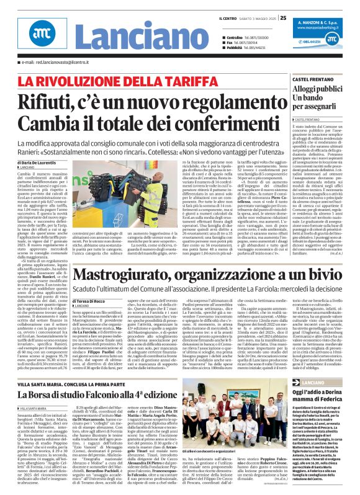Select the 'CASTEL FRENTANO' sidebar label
click(x=296, y=81)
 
